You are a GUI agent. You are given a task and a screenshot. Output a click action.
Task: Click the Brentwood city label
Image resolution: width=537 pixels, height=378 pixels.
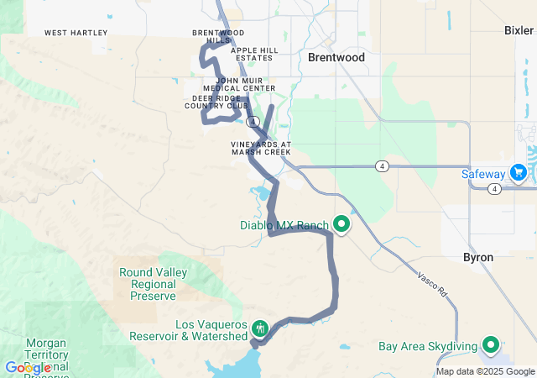click(336, 58)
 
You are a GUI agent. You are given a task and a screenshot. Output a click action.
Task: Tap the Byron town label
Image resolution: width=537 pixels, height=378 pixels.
click(478, 257)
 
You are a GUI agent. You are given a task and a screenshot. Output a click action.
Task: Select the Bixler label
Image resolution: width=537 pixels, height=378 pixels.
click(519, 30)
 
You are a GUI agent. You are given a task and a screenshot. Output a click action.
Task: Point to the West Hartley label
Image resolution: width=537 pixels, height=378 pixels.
click(76, 33)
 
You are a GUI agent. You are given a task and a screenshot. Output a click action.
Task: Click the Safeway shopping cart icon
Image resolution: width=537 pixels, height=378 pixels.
click(519, 173)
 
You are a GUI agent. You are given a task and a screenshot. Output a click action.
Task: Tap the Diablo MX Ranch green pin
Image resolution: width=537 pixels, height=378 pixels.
click(341, 224)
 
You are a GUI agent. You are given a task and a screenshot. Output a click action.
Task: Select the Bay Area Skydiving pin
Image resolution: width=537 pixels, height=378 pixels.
click(490, 344)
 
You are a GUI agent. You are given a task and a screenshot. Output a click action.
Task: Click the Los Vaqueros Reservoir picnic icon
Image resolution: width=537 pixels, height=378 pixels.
click(259, 327)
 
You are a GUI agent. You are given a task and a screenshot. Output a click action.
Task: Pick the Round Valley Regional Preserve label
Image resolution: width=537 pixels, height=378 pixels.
click(148, 284)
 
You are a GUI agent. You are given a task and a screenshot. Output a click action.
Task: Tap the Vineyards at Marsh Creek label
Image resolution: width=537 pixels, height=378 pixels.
click(261, 149)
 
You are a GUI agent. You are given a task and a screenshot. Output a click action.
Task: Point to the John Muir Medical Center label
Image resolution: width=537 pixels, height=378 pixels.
click(240, 84)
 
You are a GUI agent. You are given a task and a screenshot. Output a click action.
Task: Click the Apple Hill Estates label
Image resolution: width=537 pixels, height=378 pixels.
click(254, 54)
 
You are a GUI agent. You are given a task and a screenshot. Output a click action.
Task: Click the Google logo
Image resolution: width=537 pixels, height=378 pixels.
click(28, 368)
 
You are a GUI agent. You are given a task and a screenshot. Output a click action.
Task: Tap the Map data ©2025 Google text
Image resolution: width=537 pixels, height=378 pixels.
click(485, 371)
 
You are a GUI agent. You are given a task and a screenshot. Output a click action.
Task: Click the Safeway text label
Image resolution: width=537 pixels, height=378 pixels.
click(483, 174)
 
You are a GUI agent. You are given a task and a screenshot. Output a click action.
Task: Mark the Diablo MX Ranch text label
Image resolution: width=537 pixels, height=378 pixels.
click(283, 225)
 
